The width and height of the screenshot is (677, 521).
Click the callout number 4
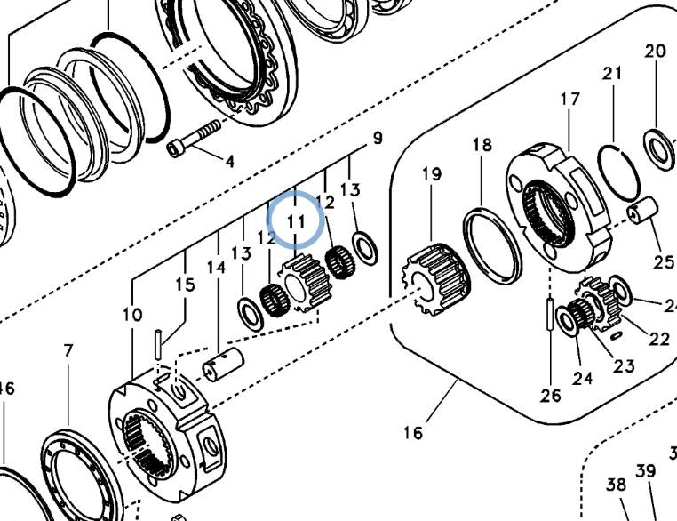pos(229,162)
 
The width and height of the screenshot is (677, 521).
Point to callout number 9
pos(378,138)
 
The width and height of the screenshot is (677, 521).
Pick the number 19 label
pos(432,174)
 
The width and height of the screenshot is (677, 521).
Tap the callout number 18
pos(482,145)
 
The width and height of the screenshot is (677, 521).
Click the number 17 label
pos(569,99)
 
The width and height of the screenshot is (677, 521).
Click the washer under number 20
pos(658,148)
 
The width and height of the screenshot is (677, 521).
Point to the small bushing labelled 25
pos(641,214)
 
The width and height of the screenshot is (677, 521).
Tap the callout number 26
pos(551,395)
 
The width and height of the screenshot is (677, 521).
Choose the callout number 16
pos(413,433)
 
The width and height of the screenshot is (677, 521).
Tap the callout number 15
pos(185,285)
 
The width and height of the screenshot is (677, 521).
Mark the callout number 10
pos(132,315)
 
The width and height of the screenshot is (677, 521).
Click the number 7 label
pos(68,350)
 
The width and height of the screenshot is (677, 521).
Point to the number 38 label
pos(617,485)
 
